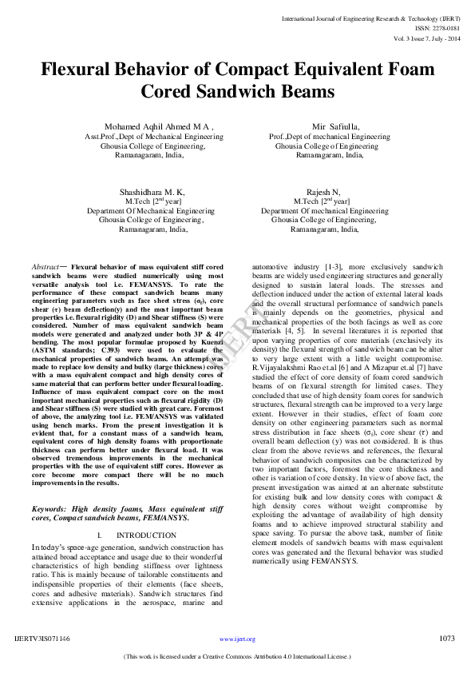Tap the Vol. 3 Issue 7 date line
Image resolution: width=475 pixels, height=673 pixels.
tap(426, 38)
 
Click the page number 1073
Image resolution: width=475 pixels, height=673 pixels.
tap(447, 639)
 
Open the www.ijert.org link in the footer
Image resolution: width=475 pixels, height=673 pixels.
tap(237, 639)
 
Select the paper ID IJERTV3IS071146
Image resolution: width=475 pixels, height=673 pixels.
tap(42, 639)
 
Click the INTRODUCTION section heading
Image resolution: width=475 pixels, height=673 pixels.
tap(146, 535)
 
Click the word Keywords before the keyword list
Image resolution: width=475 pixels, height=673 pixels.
tap(49, 508)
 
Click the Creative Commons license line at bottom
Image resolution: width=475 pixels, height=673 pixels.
tap(237, 657)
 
